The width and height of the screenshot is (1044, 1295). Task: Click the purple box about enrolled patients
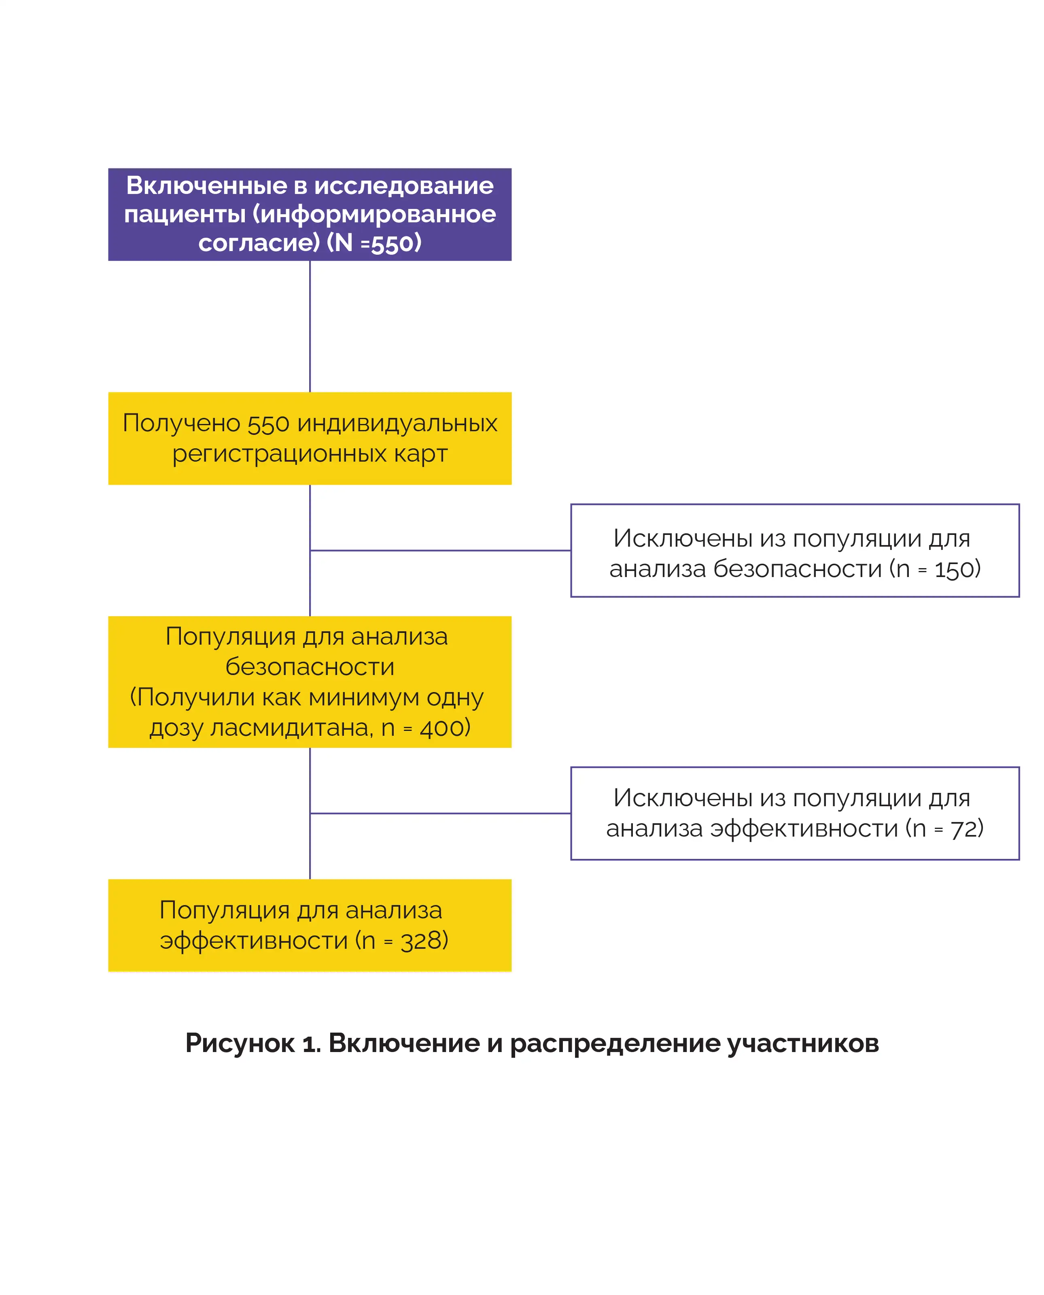click(x=310, y=214)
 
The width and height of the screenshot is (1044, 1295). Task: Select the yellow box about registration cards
click(x=310, y=438)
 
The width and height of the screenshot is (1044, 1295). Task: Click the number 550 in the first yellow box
click(x=268, y=424)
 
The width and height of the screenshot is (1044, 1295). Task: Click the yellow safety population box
click(x=310, y=682)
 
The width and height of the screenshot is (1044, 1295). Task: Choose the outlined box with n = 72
click(x=795, y=813)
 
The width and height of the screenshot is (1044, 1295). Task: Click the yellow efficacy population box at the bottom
click(x=310, y=925)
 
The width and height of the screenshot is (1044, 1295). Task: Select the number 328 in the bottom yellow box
click(x=420, y=941)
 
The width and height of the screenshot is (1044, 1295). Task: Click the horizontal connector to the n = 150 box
click(x=440, y=550)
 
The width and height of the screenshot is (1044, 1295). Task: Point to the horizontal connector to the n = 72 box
click(x=440, y=813)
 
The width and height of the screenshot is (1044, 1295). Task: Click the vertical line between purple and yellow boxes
click(x=310, y=326)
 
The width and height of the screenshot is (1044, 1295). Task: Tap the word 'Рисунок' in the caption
click(x=240, y=1044)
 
